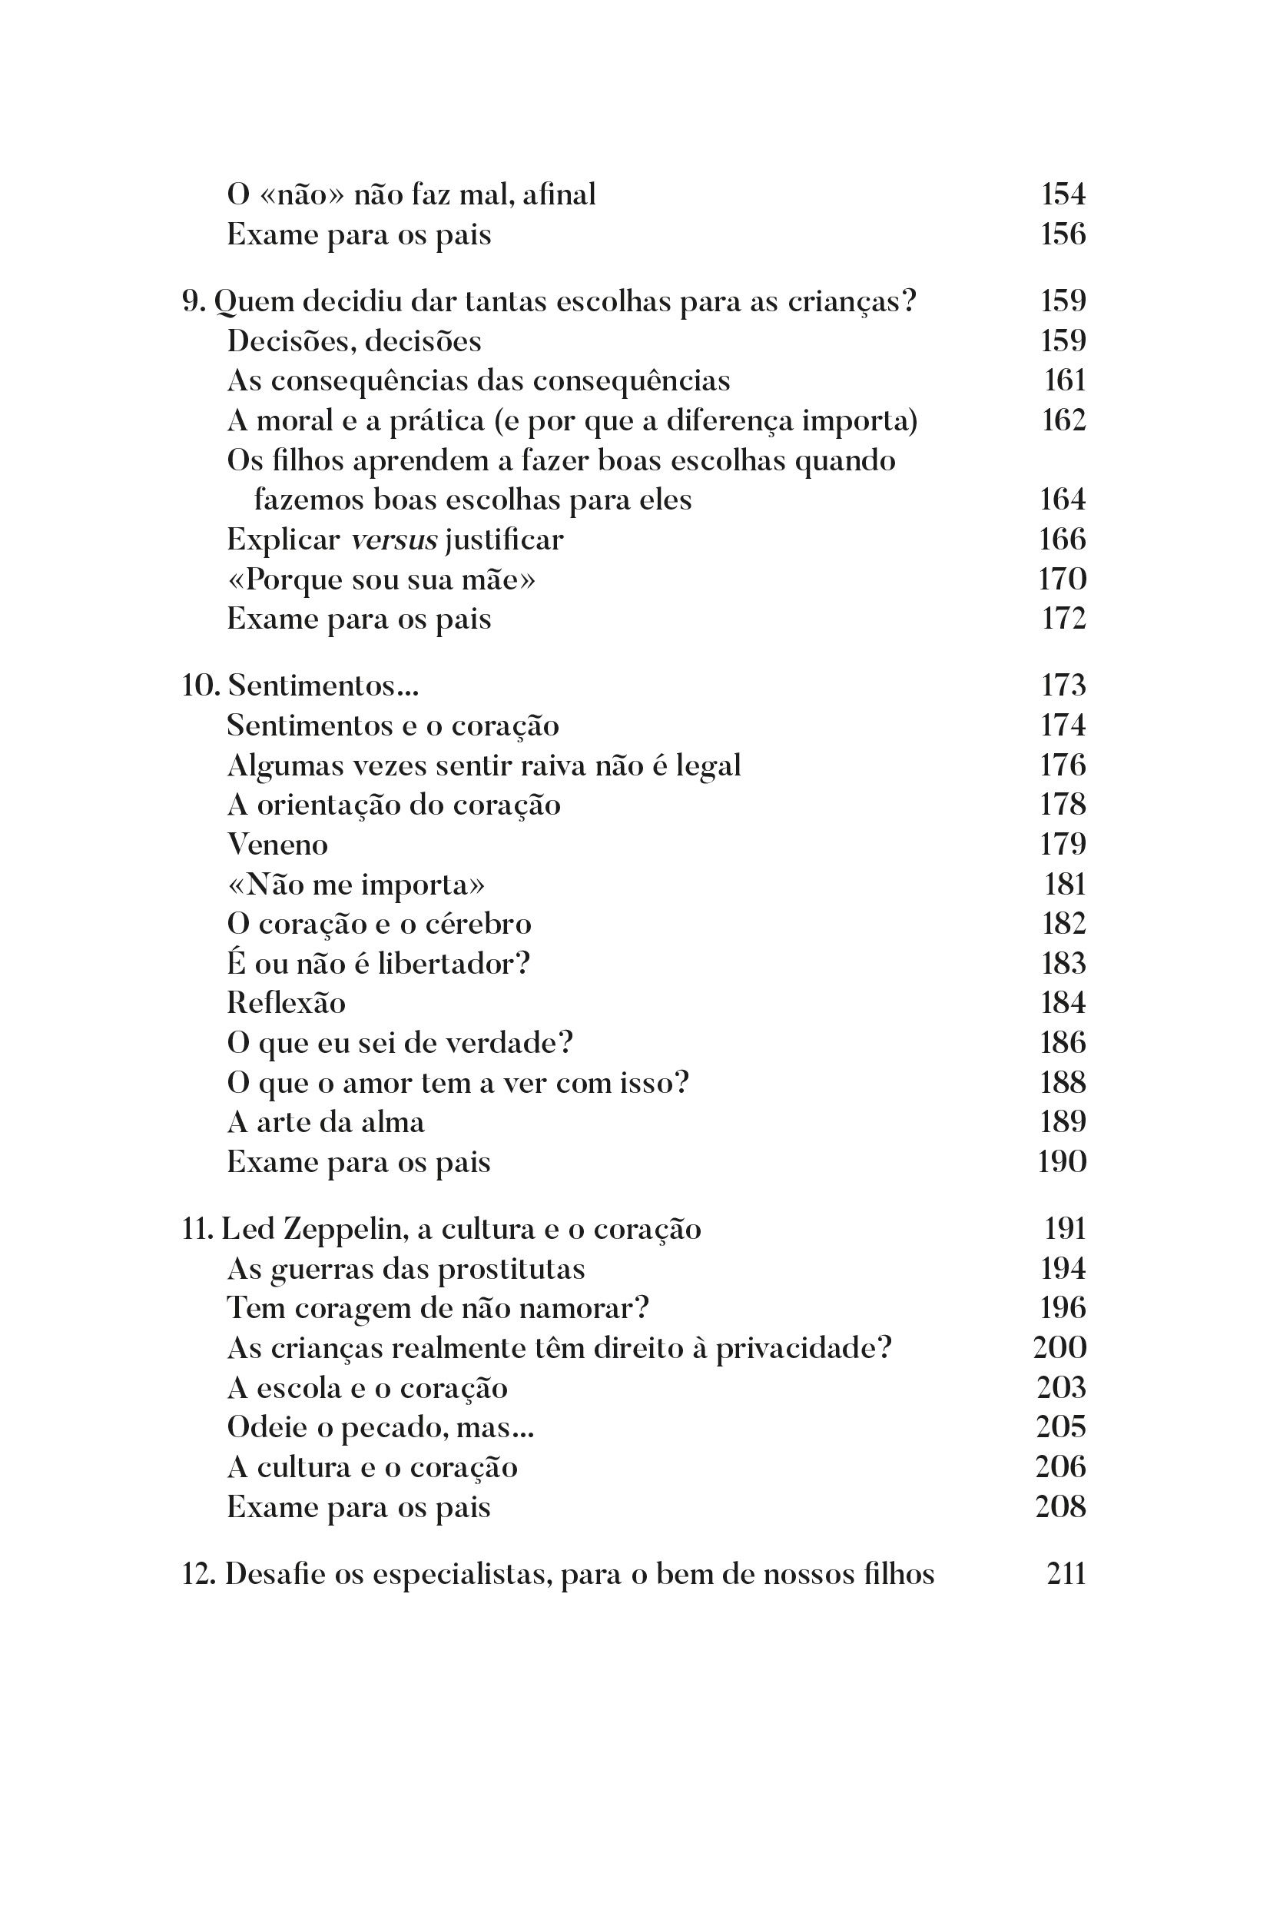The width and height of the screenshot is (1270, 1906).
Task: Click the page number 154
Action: point(1063,194)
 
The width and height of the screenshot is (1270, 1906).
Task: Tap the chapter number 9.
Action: point(191,301)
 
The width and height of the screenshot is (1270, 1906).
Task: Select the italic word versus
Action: point(393,540)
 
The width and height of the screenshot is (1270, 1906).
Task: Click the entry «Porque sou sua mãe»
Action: point(380,579)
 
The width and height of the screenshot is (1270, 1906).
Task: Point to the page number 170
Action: point(1062,579)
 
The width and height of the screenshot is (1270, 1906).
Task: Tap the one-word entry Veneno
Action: point(277,844)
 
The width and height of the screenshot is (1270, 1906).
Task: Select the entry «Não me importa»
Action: point(356,884)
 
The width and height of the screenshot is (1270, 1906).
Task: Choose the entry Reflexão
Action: point(286,1003)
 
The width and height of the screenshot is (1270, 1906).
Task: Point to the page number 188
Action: point(1063,1082)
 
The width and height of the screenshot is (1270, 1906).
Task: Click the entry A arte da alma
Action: point(326,1122)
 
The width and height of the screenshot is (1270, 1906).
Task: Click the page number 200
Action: point(1060,1348)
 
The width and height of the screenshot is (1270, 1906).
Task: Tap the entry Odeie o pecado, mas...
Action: point(380,1427)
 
